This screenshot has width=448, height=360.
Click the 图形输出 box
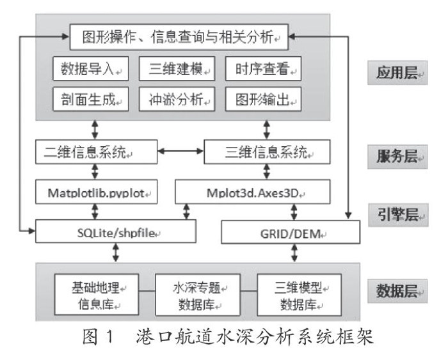pyautogui.click(x=263, y=98)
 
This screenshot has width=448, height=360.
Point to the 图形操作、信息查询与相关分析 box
pyautogui.click(x=179, y=38)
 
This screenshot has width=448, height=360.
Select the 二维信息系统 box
pyautogui.click(x=95, y=153)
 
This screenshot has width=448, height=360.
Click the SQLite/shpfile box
pyautogui.click(x=115, y=232)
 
